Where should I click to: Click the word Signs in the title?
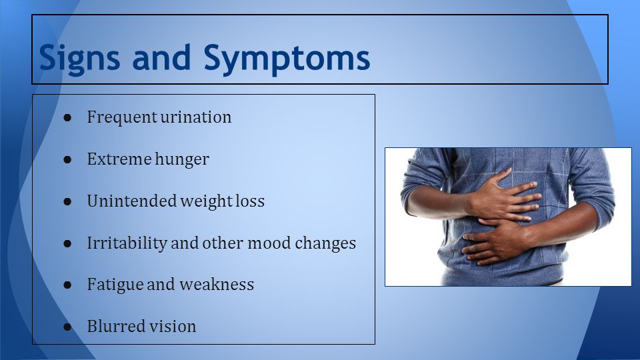pos(79,59)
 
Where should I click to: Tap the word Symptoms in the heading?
pos(287,59)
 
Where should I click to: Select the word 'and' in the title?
pos(161,57)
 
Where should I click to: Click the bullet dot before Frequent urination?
pos(67,118)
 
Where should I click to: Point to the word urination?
pos(195,117)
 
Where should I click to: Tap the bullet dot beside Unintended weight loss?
pos(67,201)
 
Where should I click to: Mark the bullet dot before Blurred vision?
pos(67,327)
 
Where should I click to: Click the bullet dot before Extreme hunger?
pos(67,159)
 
